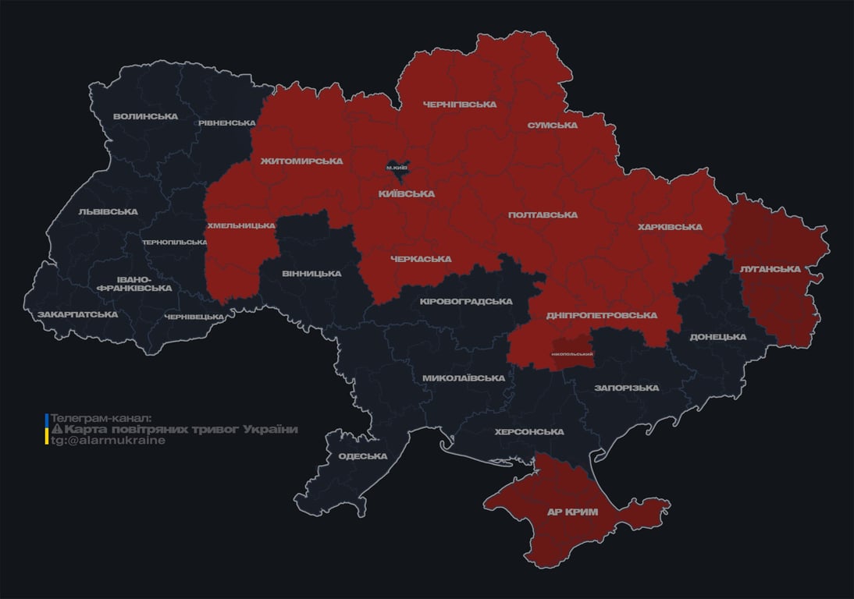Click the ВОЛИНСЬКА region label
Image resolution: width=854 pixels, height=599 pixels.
(145, 117)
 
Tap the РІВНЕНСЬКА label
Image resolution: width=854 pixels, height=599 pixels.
(226, 123)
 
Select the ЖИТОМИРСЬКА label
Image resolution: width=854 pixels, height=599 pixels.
(301, 161)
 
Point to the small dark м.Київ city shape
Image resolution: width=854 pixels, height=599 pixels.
(397, 168)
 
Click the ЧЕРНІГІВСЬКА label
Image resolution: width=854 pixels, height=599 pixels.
(459, 105)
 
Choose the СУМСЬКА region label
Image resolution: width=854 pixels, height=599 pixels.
(552, 126)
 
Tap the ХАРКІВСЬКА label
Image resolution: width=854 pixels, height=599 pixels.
(670, 228)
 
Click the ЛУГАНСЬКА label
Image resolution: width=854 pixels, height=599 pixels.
(770, 269)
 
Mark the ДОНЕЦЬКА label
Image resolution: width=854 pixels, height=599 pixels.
(717, 337)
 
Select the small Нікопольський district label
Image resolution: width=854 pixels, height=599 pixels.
(572, 355)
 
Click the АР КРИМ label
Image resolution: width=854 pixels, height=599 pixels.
(571, 512)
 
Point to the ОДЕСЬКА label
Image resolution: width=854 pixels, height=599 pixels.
(363, 457)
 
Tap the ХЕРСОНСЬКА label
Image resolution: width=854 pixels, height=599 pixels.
(529, 432)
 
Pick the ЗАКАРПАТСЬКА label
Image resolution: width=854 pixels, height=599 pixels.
(77, 314)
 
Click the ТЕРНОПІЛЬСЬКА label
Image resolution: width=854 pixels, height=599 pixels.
(174, 243)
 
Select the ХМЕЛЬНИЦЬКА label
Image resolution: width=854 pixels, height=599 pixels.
(240, 226)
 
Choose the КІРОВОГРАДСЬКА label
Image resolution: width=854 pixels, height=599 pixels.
(466, 301)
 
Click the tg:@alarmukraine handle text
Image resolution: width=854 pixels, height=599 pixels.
(108, 441)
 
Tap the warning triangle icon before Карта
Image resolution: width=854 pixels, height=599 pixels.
(57, 430)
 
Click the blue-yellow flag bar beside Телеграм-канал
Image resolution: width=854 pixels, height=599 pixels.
(47, 430)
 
